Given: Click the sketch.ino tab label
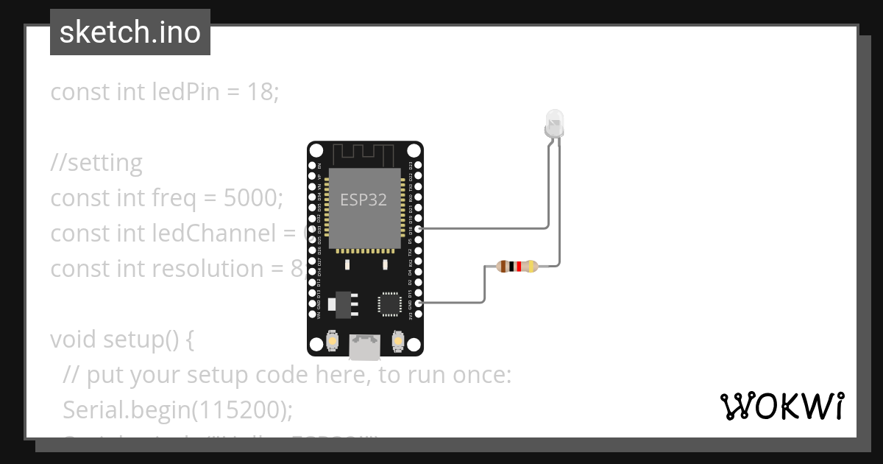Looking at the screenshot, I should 130,32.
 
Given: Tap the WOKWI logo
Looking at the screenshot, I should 781,407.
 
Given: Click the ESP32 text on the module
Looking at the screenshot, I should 364,200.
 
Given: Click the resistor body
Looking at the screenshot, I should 517,267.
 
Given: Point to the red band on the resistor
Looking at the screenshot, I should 519,267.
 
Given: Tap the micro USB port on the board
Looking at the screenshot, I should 365,347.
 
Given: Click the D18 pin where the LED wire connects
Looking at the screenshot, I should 419,229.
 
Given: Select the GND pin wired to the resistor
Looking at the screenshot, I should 419,303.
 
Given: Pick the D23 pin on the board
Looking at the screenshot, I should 419,166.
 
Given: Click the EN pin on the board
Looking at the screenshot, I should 312,166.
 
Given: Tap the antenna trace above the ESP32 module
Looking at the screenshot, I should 365,155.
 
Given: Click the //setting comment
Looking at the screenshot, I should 96,162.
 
